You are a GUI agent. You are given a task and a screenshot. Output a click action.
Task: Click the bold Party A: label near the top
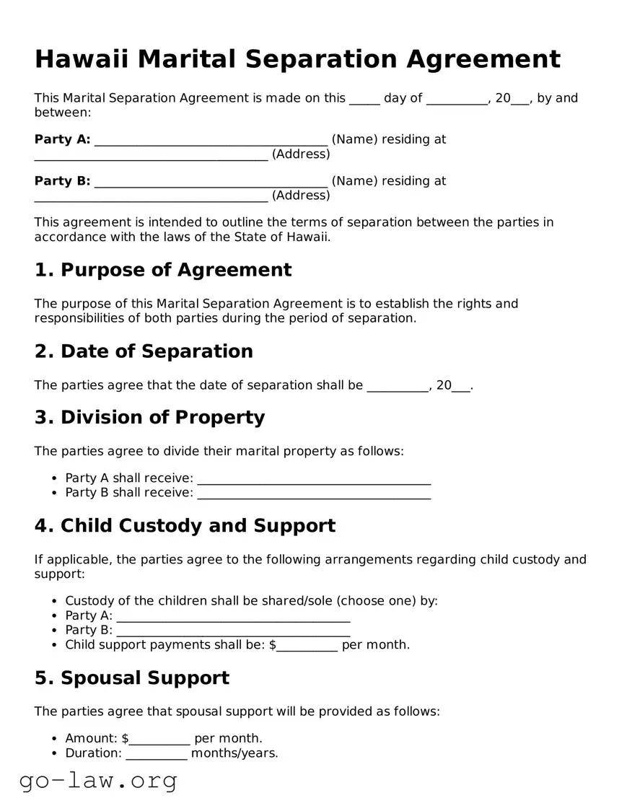[x=62, y=139]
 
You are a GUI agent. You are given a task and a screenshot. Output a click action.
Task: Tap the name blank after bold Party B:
[x=211, y=182]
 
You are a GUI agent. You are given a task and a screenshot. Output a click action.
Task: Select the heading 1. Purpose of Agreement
[x=163, y=270]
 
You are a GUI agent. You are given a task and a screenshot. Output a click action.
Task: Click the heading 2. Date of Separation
[x=144, y=351]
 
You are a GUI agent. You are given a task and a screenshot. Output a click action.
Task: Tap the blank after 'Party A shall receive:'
[x=313, y=479]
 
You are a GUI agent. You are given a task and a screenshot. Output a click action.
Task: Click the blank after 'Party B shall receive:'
[x=313, y=494]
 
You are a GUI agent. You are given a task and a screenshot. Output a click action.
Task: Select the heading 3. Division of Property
[x=149, y=418]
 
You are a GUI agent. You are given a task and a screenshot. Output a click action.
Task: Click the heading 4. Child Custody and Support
[x=185, y=526]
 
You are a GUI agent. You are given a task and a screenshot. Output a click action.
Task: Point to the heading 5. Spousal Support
[x=132, y=678]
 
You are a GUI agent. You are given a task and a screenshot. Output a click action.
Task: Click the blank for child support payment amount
[x=307, y=646]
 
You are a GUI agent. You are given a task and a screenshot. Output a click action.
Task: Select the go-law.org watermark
[x=98, y=781]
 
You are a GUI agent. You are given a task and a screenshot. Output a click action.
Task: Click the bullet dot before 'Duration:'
[x=56, y=754]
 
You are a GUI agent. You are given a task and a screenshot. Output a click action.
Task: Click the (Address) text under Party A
[x=301, y=154]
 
